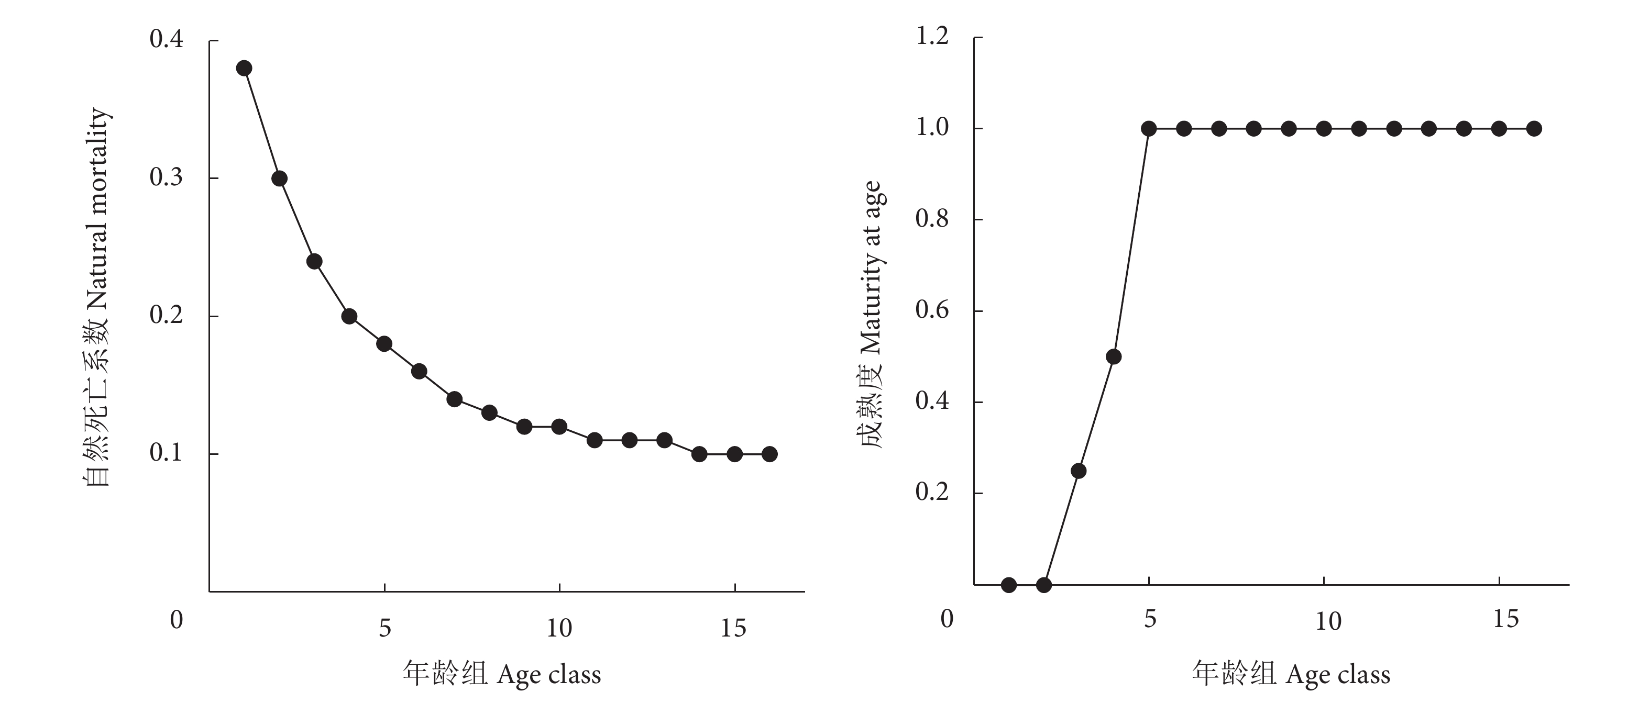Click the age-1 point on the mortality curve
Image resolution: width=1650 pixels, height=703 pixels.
(x=244, y=69)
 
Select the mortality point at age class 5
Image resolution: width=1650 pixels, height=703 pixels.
(x=384, y=344)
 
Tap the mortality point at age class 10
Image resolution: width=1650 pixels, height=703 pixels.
(x=559, y=427)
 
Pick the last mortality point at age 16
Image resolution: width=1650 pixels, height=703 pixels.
(x=769, y=454)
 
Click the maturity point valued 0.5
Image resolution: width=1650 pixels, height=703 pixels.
(x=1114, y=356)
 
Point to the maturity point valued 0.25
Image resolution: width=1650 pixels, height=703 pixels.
(x=1079, y=471)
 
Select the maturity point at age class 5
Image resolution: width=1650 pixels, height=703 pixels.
(x=1149, y=129)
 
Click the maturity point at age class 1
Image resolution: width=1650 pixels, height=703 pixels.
(x=1009, y=585)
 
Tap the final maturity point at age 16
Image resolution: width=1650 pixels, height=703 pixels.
(x=1534, y=129)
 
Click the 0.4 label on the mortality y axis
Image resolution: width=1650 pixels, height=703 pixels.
(x=166, y=40)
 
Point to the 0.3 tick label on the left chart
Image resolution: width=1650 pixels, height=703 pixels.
(x=166, y=177)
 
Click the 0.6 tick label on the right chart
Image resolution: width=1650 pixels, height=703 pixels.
(x=932, y=310)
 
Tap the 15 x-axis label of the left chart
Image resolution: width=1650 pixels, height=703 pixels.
(x=733, y=629)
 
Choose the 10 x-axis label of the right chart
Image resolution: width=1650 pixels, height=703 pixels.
(x=1328, y=621)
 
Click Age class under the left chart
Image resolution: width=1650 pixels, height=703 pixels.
(x=549, y=675)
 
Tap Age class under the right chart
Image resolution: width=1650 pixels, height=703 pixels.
(x=1338, y=675)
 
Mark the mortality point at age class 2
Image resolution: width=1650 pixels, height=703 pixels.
(x=279, y=178)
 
